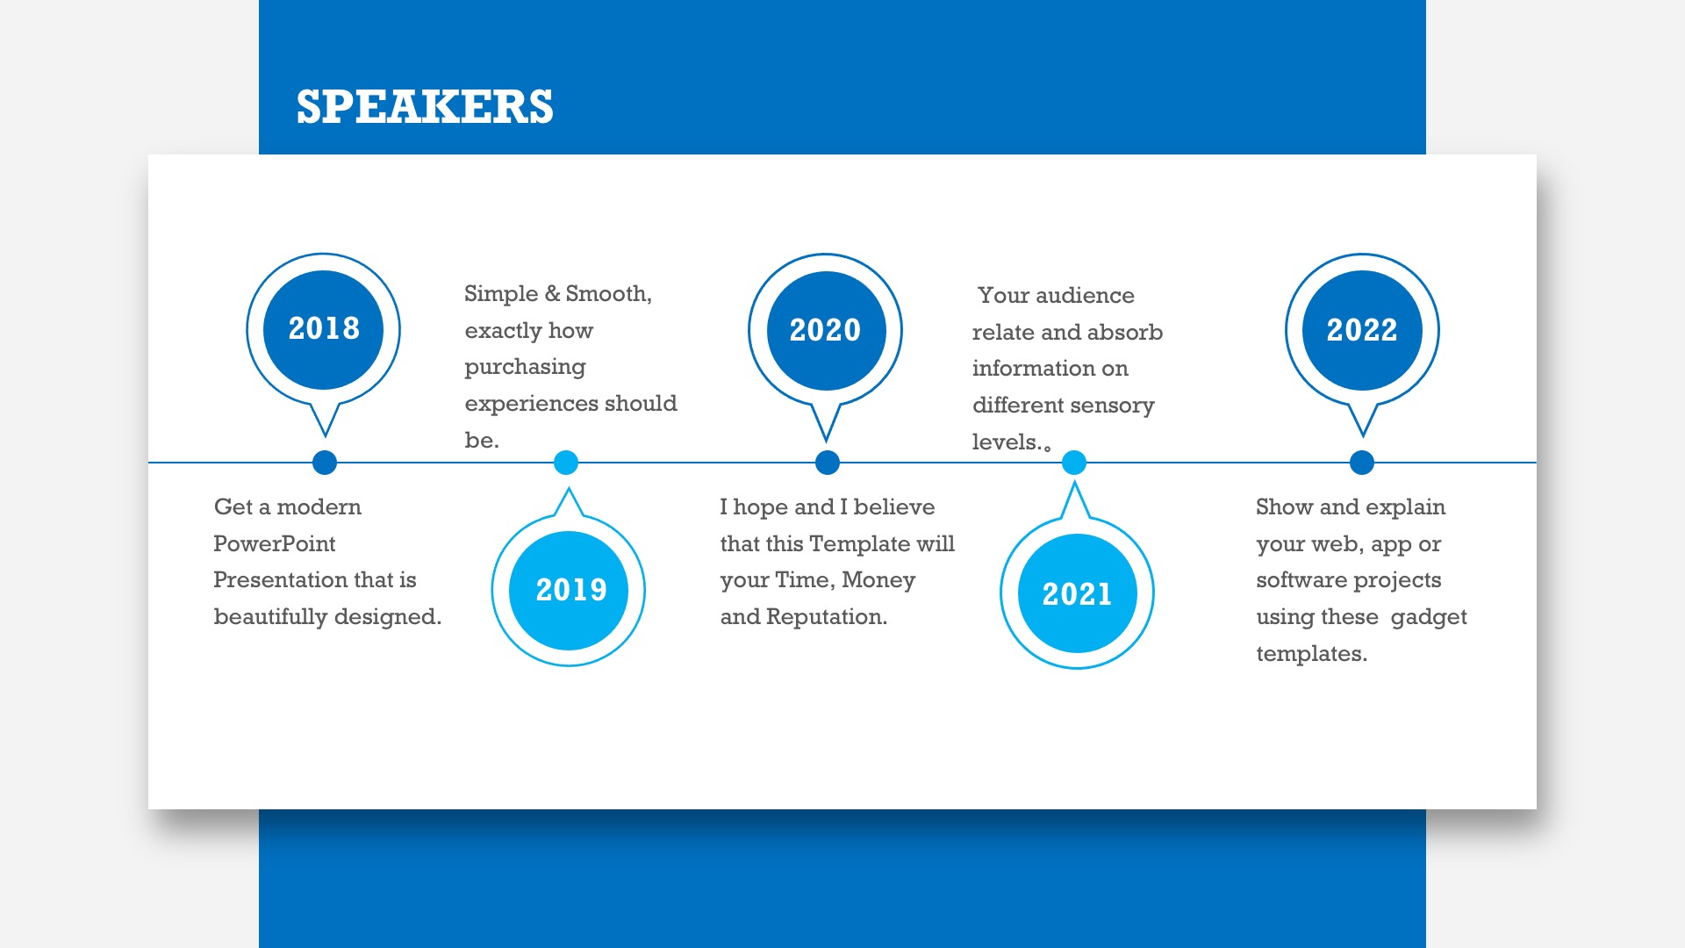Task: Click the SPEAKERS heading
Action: [x=425, y=106]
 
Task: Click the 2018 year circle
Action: [x=324, y=329]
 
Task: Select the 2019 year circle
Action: [x=569, y=590]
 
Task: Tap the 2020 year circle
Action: [x=826, y=330]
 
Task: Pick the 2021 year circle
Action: [x=1077, y=593]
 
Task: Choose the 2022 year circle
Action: [x=1362, y=330]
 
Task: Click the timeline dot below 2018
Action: [x=325, y=463]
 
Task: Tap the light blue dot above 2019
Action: [x=566, y=463]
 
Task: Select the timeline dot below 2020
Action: [x=828, y=463]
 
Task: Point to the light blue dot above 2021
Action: [x=1074, y=463]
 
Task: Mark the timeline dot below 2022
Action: [x=1362, y=463]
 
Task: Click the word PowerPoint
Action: [x=275, y=544]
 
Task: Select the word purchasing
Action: [x=525, y=368]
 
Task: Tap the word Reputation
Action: [x=826, y=618]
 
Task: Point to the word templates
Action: [x=1311, y=655]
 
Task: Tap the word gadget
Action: [x=1429, y=618]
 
